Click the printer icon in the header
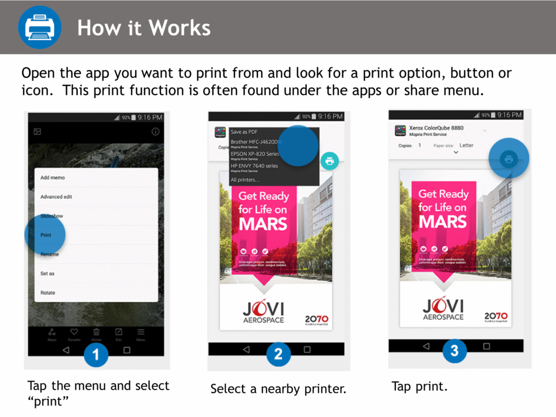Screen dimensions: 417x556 (39, 27)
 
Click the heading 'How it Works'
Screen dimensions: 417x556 (143, 28)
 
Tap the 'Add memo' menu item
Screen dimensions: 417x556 (53, 178)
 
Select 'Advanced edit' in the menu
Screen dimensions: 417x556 (56, 197)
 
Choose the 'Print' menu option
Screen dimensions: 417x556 (46, 235)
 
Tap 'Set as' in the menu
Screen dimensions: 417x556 (47, 274)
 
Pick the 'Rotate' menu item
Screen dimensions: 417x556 (48, 293)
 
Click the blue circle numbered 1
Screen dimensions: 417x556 (96, 355)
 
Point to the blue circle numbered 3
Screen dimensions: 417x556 (454, 351)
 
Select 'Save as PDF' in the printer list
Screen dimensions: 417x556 (244, 132)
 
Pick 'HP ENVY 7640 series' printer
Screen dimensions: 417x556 (254, 166)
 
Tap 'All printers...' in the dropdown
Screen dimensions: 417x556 (245, 180)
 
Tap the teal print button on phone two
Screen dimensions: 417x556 (330, 160)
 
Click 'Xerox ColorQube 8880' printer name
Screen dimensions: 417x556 (436, 128)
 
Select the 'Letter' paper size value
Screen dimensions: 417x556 (466, 146)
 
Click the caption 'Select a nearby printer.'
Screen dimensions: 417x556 (278, 389)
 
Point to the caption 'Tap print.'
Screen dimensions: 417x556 (419, 387)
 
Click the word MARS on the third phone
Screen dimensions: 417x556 (443, 222)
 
